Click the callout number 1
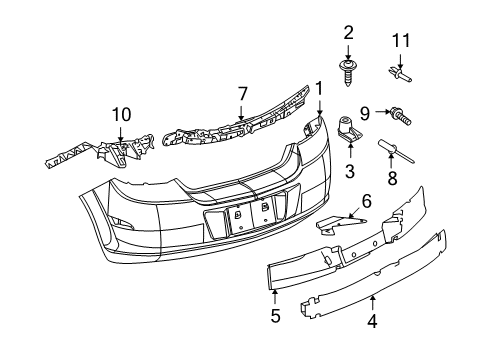[x=319, y=89]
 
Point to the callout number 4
[x=372, y=322]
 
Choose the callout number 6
[x=366, y=201]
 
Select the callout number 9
[x=366, y=112]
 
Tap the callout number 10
[x=120, y=114]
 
